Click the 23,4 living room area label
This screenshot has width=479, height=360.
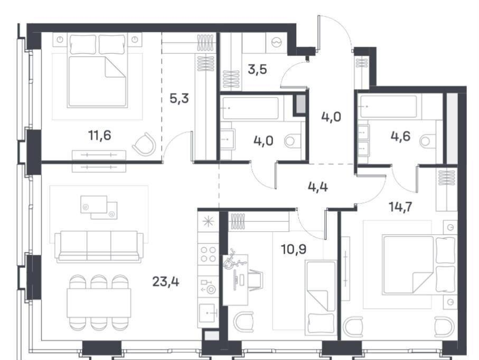point(166,281)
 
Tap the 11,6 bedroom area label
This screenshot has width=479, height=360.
point(100,135)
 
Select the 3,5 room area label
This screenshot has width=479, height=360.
point(258,69)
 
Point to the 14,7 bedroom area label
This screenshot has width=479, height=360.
point(400,207)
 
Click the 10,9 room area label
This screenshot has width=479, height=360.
point(294,249)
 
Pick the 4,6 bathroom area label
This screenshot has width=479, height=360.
point(400,136)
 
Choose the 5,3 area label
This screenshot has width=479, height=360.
point(179,98)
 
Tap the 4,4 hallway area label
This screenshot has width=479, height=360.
point(318,186)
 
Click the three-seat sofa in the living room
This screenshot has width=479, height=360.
point(99,246)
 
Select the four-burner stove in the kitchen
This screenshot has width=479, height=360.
point(208,254)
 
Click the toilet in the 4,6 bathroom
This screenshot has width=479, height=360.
point(428,141)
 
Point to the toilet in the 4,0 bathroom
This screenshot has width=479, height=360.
point(293,141)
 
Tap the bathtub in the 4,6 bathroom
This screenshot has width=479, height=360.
point(388,107)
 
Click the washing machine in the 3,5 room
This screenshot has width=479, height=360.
point(276,42)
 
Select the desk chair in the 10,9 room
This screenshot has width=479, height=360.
point(255,280)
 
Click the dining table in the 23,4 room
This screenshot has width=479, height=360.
point(99,303)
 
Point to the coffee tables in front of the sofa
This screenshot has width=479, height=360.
point(99,207)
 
